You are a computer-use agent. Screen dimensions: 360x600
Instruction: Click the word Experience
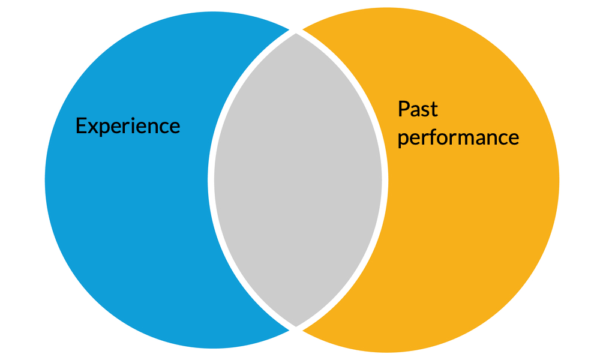pyautogui.click(x=127, y=126)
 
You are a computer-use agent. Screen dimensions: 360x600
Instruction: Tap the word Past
pyautogui.click(x=418, y=109)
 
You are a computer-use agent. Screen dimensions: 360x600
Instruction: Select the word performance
pyautogui.click(x=458, y=137)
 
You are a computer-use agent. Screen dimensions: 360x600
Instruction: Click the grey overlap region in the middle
pyautogui.click(x=298, y=180)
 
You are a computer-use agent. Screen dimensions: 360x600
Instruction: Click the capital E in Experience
pyautogui.click(x=80, y=126)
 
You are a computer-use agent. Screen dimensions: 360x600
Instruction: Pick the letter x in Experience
pyautogui.click(x=91, y=127)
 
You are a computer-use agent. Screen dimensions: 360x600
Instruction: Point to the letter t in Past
pyautogui.click(x=434, y=110)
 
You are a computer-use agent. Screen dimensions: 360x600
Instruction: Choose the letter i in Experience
pyautogui.click(x=132, y=126)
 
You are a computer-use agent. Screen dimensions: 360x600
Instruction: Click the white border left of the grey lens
pyautogui.click(x=211, y=180)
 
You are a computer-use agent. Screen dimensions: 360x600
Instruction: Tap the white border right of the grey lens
pyautogui.click(x=385, y=180)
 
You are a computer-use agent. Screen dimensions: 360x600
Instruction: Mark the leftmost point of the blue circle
pyautogui.click(x=46, y=180)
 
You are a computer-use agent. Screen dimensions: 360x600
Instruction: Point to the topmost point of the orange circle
pyautogui.click(x=387, y=8)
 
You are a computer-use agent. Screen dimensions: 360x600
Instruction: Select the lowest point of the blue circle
pyautogui.click(x=213, y=347)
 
